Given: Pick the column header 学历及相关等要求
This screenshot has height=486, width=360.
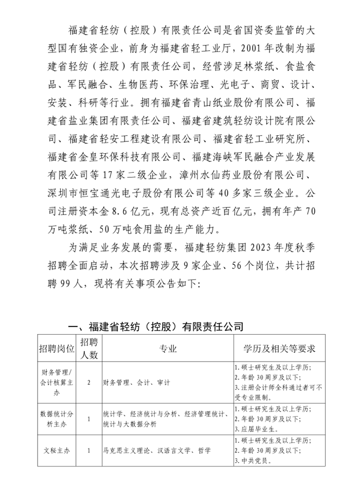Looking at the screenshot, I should pos(279,348).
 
